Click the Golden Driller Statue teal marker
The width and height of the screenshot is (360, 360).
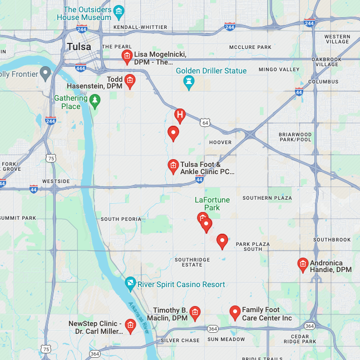tap(189, 82)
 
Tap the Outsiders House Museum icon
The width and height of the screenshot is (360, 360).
tap(119, 11)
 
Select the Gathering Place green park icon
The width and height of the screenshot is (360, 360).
tap(95, 101)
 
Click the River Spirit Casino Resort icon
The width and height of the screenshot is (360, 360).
tap(130, 284)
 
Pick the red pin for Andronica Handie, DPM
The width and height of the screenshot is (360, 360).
tap(303, 264)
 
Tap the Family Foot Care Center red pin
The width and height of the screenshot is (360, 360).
tap(234, 312)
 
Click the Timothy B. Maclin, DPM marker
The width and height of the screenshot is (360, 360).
tap(195, 313)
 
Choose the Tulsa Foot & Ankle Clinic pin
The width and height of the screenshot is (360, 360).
tap(173, 166)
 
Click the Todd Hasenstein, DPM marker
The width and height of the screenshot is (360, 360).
tap(130, 81)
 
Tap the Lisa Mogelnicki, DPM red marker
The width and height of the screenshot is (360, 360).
tap(127, 56)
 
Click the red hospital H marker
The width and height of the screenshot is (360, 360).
tap(179, 115)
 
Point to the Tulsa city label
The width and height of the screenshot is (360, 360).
tap(78, 47)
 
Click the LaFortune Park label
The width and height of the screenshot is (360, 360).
tap(208, 204)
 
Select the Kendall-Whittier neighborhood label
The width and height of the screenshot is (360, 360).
tap(140, 27)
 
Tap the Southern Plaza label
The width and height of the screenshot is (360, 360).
tap(267, 198)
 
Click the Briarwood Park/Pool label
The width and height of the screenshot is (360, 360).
tap(295, 137)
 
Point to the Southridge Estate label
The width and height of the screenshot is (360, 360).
tap(193, 262)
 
